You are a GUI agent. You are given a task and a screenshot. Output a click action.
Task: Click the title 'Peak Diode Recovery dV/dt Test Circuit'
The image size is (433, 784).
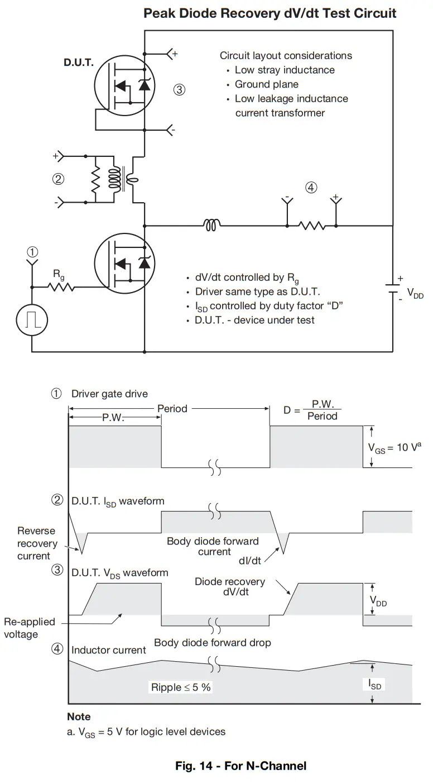coord(270,13)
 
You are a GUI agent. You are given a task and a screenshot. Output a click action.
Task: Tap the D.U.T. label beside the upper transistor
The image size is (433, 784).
coord(79,63)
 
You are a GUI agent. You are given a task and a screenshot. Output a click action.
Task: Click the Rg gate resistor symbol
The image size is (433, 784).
coord(61,288)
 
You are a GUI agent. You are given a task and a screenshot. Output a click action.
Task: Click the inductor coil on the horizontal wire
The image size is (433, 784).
coord(212,226)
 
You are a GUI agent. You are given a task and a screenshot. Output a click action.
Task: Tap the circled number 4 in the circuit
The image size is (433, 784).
coord(311,188)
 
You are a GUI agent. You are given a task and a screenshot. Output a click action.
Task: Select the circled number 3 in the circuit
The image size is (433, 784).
coord(179,89)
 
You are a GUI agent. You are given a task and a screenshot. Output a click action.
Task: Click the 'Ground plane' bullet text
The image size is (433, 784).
coord(266,84)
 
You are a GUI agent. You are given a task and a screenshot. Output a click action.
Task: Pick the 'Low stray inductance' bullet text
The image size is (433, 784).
coord(285,70)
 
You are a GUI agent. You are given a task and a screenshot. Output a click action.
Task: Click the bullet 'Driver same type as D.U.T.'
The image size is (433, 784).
coord(257,291)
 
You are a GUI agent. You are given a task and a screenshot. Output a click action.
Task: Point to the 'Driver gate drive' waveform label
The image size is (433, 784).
coord(109,394)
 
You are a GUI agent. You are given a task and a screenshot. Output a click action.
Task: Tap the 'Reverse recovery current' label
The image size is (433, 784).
coord(37,543)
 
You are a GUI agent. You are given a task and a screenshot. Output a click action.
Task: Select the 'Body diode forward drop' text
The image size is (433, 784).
coord(212,643)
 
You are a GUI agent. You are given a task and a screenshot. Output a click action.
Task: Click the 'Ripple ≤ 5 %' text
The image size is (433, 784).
coord(181,687)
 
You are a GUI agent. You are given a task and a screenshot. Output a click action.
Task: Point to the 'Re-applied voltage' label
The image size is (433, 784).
coord(29,628)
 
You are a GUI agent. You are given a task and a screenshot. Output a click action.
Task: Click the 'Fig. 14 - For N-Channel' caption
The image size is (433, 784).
coord(240,766)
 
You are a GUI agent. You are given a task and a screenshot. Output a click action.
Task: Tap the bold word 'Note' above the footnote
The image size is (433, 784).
coord(79,716)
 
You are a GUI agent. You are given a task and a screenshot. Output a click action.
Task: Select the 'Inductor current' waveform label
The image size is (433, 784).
coord(109,650)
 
